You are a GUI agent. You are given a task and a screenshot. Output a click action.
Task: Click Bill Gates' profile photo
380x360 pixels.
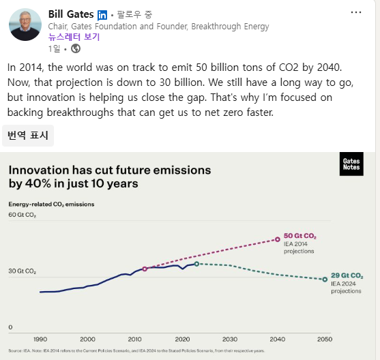click(x=25, y=25)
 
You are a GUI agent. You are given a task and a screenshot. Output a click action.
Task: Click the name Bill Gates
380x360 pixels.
click(x=70, y=14)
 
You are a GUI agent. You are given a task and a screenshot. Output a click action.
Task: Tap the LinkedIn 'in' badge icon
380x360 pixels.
click(x=102, y=15)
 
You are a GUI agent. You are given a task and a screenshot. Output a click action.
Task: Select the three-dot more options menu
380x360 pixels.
click(x=356, y=12)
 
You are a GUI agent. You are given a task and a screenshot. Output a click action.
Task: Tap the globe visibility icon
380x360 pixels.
click(x=76, y=48)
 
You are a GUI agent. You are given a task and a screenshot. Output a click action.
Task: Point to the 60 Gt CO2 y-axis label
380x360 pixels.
click(x=22, y=215)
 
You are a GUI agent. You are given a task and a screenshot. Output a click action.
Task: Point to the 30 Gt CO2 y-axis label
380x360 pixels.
click(x=22, y=271)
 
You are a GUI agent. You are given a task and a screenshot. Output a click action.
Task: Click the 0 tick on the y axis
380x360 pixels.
click(x=10, y=327)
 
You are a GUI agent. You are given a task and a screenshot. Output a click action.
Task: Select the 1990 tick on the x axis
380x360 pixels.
click(x=40, y=339)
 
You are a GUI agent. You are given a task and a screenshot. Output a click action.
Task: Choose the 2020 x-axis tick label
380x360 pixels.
click(x=182, y=339)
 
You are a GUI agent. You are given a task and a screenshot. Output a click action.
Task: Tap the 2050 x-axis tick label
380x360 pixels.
click(x=324, y=339)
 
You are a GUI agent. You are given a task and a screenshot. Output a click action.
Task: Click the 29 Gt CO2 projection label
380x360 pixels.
click(x=347, y=275)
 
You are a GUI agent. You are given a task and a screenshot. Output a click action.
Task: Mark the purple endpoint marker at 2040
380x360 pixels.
click(x=277, y=239)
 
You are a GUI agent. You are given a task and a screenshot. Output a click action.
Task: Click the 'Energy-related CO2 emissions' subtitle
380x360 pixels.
click(x=51, y=204)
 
